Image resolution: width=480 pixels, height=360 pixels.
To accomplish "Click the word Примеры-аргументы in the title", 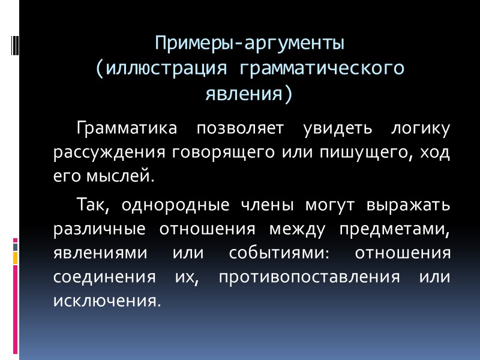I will click(250, 44).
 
